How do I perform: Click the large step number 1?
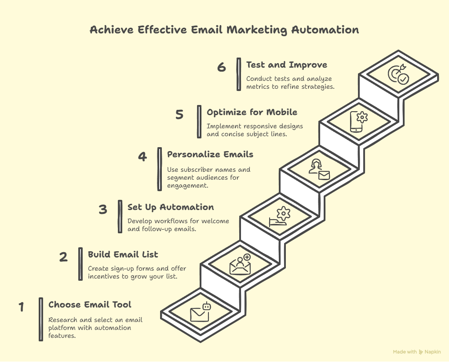point(21,307)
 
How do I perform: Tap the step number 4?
point(142,156)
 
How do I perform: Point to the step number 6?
point(221,67)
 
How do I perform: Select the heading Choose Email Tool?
point(90,304)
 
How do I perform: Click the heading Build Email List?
point(123,254)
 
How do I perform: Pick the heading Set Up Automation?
point(170,207)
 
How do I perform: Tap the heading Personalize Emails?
point(210,155)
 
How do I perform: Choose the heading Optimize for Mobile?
point(252,112)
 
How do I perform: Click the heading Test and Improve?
point(287,65)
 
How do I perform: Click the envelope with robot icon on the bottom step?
point(200,312)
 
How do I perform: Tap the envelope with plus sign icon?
point(240,264)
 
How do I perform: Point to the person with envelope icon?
point(319,170)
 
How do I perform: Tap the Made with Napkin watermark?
point(416,352)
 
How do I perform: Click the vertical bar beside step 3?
point(120,217)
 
